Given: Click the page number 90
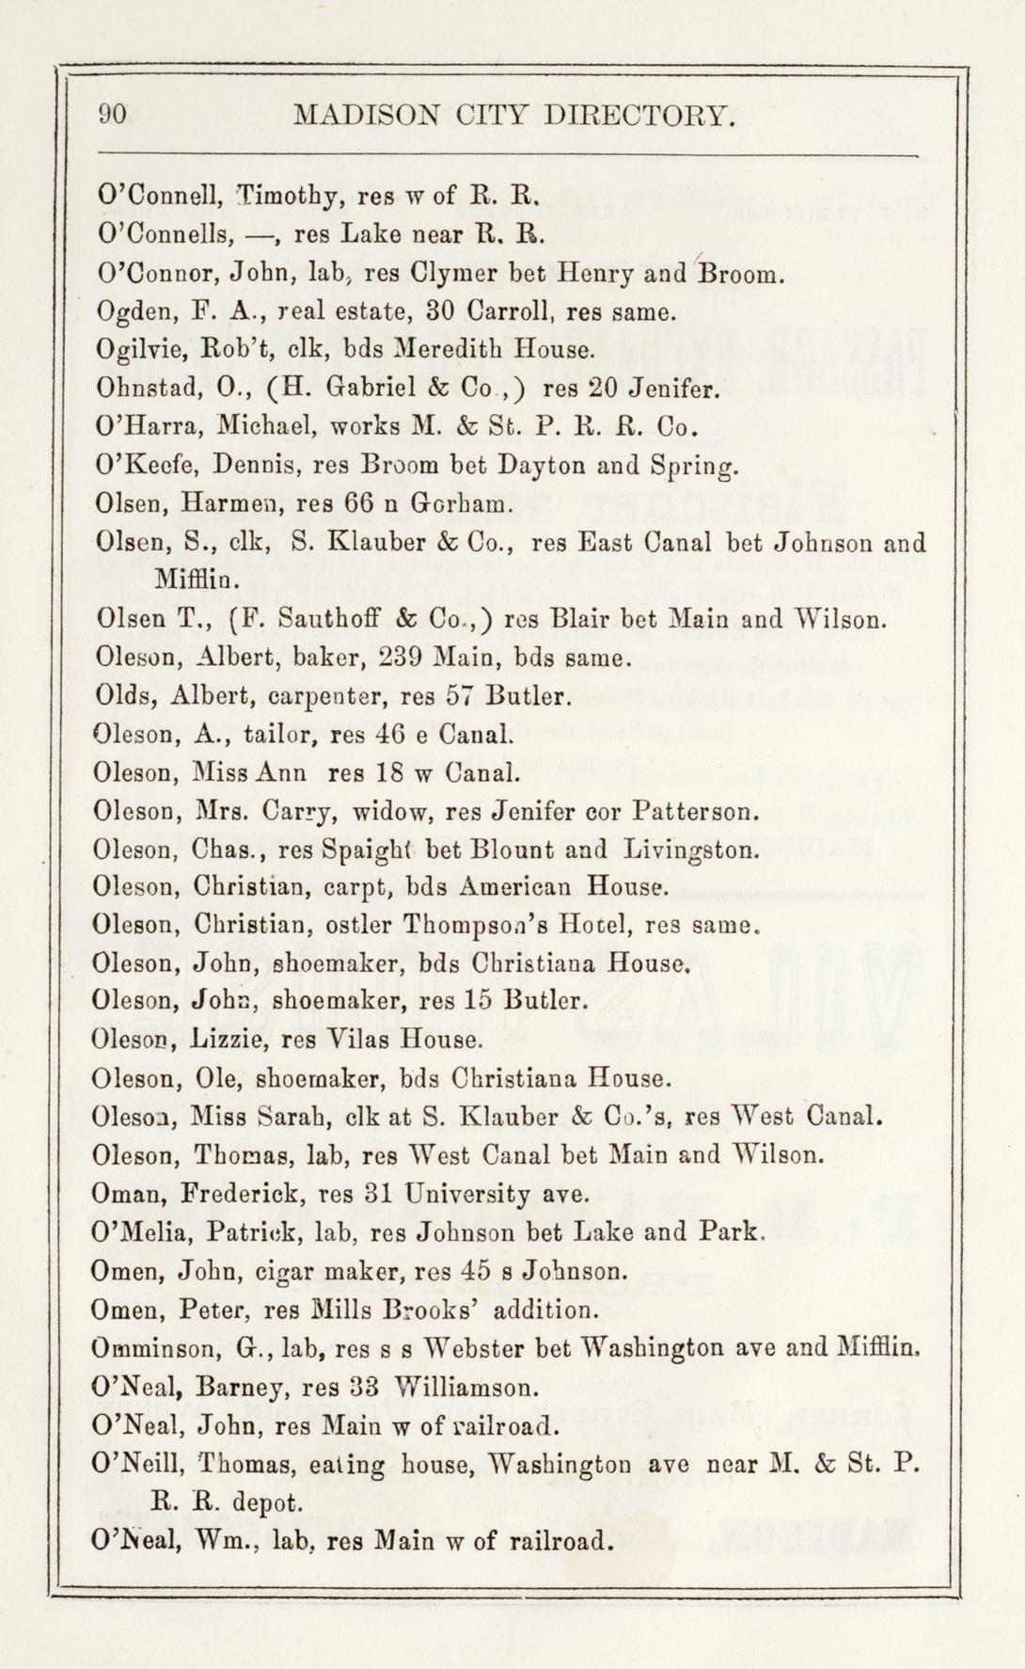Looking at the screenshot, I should pyautogui.click(x=113, y=115).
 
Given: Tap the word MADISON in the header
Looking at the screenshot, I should pyautogui.click(x=366, y=116).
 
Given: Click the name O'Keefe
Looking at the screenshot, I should pyautogui.click(x=139, y=466).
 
